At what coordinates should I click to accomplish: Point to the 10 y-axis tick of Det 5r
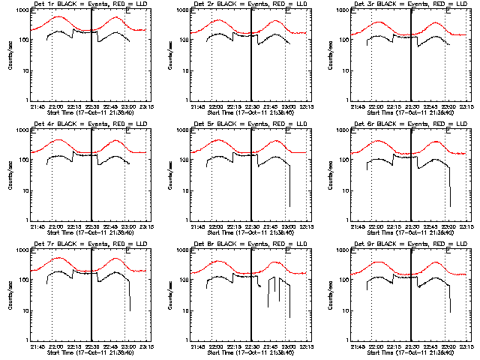tap(187, 191)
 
